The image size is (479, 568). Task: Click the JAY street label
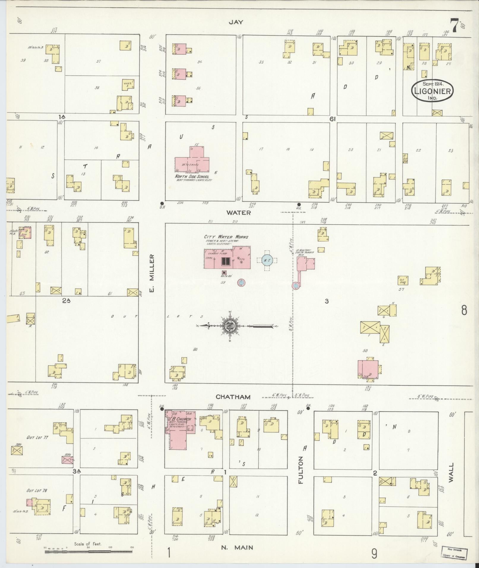coord(236,22)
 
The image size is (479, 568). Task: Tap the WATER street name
coord(238,213)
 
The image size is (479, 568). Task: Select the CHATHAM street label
coord(233,397)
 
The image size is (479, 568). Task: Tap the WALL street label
coord(451,480)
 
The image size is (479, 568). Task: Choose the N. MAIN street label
coord(237,547)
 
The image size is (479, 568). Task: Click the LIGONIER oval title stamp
coord(432,91)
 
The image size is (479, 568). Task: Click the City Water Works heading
coord(226,237)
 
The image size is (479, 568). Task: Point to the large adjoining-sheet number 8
coord(464,311)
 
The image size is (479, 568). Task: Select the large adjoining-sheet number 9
coord(374,553)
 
